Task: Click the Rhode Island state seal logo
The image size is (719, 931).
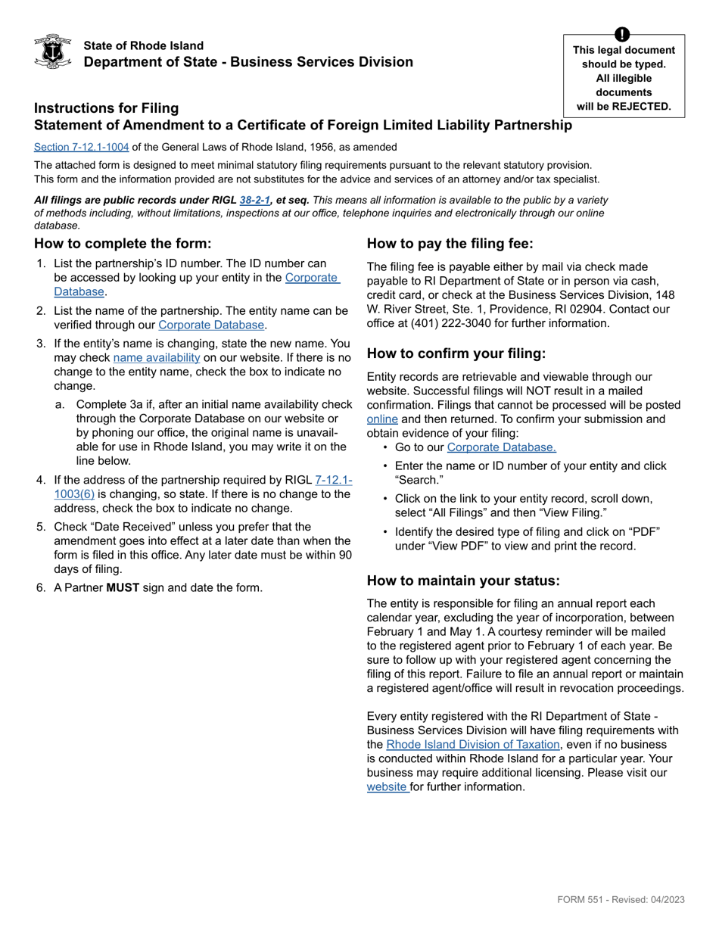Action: click(53, 51)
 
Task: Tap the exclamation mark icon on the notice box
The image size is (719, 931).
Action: click(621, 35)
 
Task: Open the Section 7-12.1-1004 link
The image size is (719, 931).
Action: click(81, 147)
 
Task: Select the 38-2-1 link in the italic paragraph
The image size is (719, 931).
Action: click(255, 200)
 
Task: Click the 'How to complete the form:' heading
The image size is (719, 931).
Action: click(123, 244)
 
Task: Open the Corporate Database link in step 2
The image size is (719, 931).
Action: click(211, 325)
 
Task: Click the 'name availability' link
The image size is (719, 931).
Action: click(157, 357)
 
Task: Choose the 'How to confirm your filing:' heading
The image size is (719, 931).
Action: click(456, 353)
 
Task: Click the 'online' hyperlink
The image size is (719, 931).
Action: click(382, 419)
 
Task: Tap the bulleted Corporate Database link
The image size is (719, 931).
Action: click(501, 447)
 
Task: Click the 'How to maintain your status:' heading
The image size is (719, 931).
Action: click(463, 581)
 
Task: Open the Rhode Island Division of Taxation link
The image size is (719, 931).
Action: click(472, 745)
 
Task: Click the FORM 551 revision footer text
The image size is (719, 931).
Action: click(621, 899)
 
